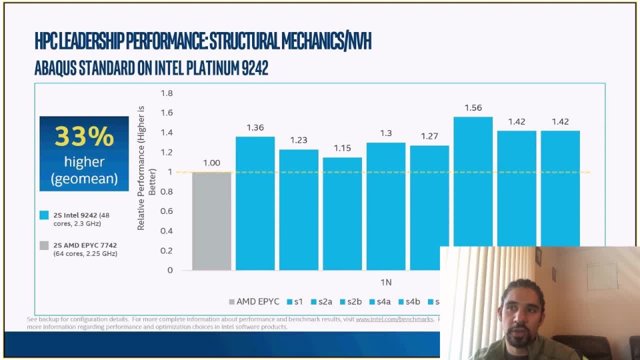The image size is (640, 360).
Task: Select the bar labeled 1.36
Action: click(x=255, y=203)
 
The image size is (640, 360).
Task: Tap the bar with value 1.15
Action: click(x=342, y=213)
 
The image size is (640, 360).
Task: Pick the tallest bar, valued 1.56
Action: click(x=473, y=181)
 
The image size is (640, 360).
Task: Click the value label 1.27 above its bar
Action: click(x=429, y=137)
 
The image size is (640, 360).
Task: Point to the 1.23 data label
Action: click(x=299, y=140)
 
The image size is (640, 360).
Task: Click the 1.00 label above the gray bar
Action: click(x=211, y=163)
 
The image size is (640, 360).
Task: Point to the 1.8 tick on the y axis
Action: click(x=166, y=93)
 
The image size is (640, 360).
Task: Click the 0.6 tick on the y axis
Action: click(x=166, y=211)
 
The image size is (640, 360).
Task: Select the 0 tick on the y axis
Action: click(x=170, y=270)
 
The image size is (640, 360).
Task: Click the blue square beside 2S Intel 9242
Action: click(x=44, y=215)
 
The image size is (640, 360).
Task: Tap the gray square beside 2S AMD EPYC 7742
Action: click(x=44, y=245)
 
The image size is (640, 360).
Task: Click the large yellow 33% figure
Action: click(x=84, y=136)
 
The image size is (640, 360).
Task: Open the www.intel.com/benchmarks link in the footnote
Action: click(x=395, y=319)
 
